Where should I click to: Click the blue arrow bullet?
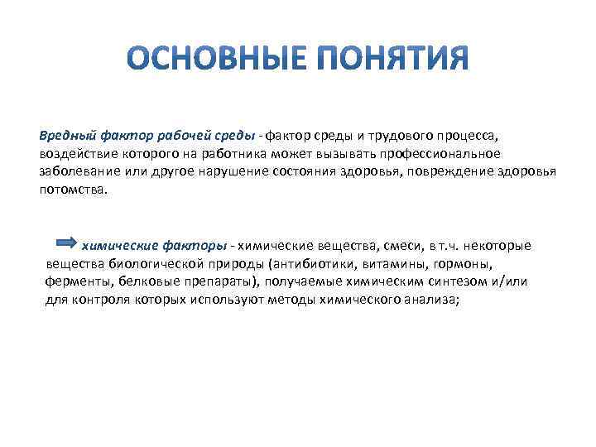point(65,243)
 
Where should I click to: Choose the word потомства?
point(71,190)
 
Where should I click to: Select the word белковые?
point(148,282)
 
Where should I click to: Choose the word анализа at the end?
point(428,300)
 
